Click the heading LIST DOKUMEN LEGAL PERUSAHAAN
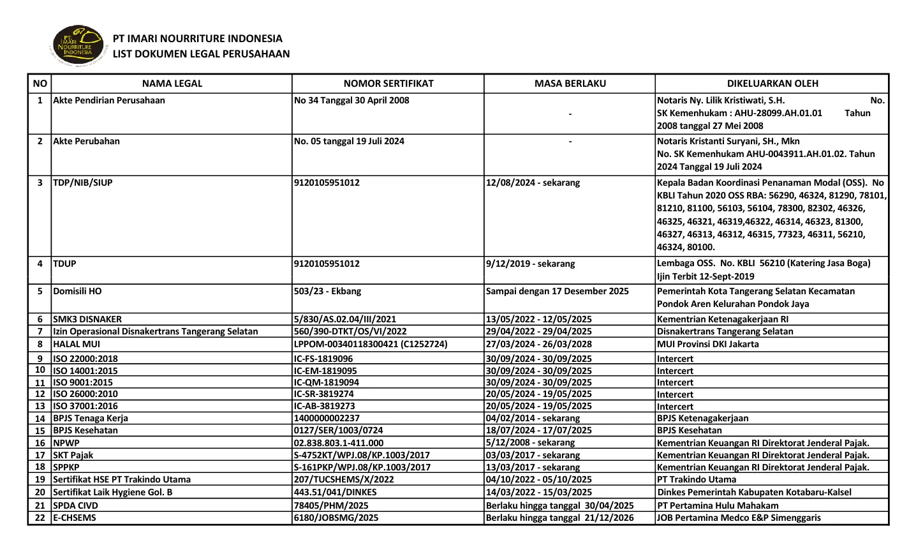(x=201, y=54)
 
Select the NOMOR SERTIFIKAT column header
(x=388, y=83)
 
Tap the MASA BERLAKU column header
(x=570, y=83)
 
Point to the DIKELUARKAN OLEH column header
(x=772, y=83)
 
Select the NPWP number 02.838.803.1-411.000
(x=339, y=442)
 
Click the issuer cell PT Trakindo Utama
(x=696, y=479)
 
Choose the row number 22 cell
(x=40, y=518)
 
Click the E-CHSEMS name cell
(x=75, y=518)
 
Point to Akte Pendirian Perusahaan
(x=109, y=100)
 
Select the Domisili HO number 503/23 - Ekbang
(x=327, y=291)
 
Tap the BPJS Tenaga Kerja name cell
(x=91, y=418)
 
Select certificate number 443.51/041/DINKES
(x=335, y=492)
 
